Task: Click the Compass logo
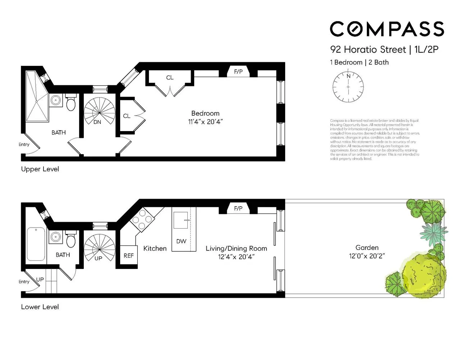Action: pyautogui.click(x=387, y=29)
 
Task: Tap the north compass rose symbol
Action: pyautogui.click(x=348, y=87)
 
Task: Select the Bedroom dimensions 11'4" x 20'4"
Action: pyautogui.click(x=205, y=122)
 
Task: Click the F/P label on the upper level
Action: pyautogui.click(x=238, y=72)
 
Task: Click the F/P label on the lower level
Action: pyautogui.click(x=238, y=208)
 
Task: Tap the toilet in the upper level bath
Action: pyautogui.click(x=71, y=103)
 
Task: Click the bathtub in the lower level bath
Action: pyautogui.click(x=36, y=244)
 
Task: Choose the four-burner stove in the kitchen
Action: pyautogui.click(x=142, y=220)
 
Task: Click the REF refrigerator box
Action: pyautogui.click(x=128, y=256)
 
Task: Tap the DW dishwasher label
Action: pyautogui.click(x=181, y=241)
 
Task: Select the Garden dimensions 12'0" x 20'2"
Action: pyautogui.click(x=367, y=256)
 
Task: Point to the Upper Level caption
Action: pyautogui.click(x=40, y=169)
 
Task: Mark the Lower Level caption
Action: pyautogui.click(x=40, y=307)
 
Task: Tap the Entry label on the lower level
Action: pyautogui.click(x=24, y=282)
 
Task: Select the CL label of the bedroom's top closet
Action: pyautogui.click(x=170, y=77)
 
